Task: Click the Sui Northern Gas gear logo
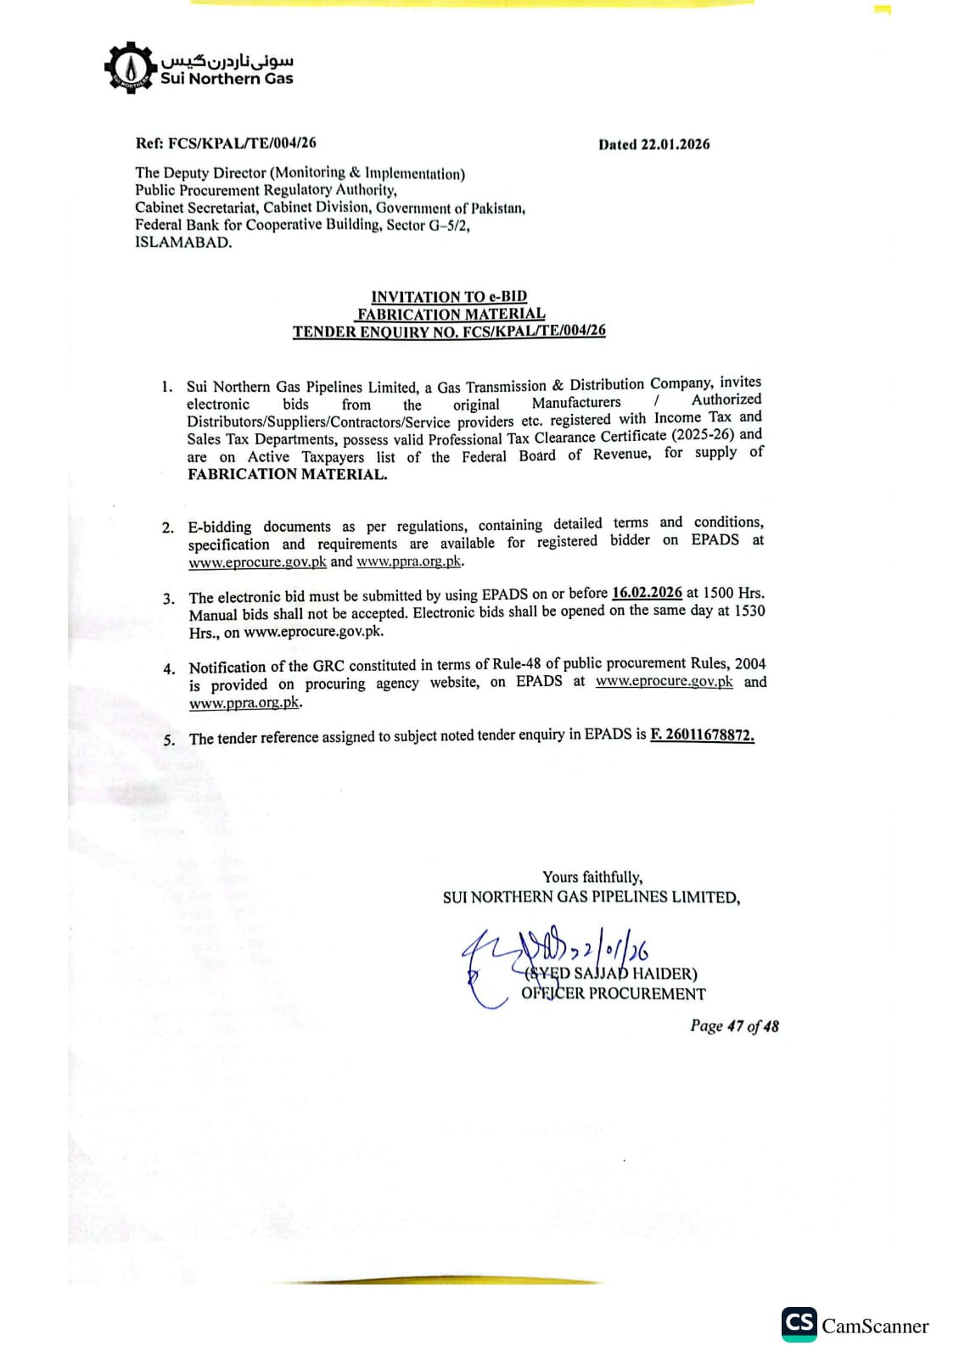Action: (x=129, y=67)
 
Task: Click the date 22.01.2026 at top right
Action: (x=676, y=144)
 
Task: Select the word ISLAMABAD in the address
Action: (x=182, y=243)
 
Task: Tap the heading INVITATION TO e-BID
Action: (x=449, y=297)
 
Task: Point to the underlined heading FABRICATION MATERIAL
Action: (x=451, y=314)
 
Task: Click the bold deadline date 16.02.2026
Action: (x=647, y=593)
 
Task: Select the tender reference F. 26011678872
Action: (x=702, y=734)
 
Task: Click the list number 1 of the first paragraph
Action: (x=167, y=387)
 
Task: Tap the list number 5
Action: (x=169, y=740)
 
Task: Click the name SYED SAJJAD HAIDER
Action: (x=611, y=974)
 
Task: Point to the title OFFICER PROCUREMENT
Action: (x=614, y=993)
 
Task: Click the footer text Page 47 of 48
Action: (x=734, y=1026)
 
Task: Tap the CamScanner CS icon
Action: (x=799, y=1324)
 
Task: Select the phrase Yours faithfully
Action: (x=592, y=877)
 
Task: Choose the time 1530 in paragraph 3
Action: (x=749, y=610)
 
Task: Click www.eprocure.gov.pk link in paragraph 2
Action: (x=257, y=561)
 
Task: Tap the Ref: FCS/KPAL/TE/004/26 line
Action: (x=226, y=143)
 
